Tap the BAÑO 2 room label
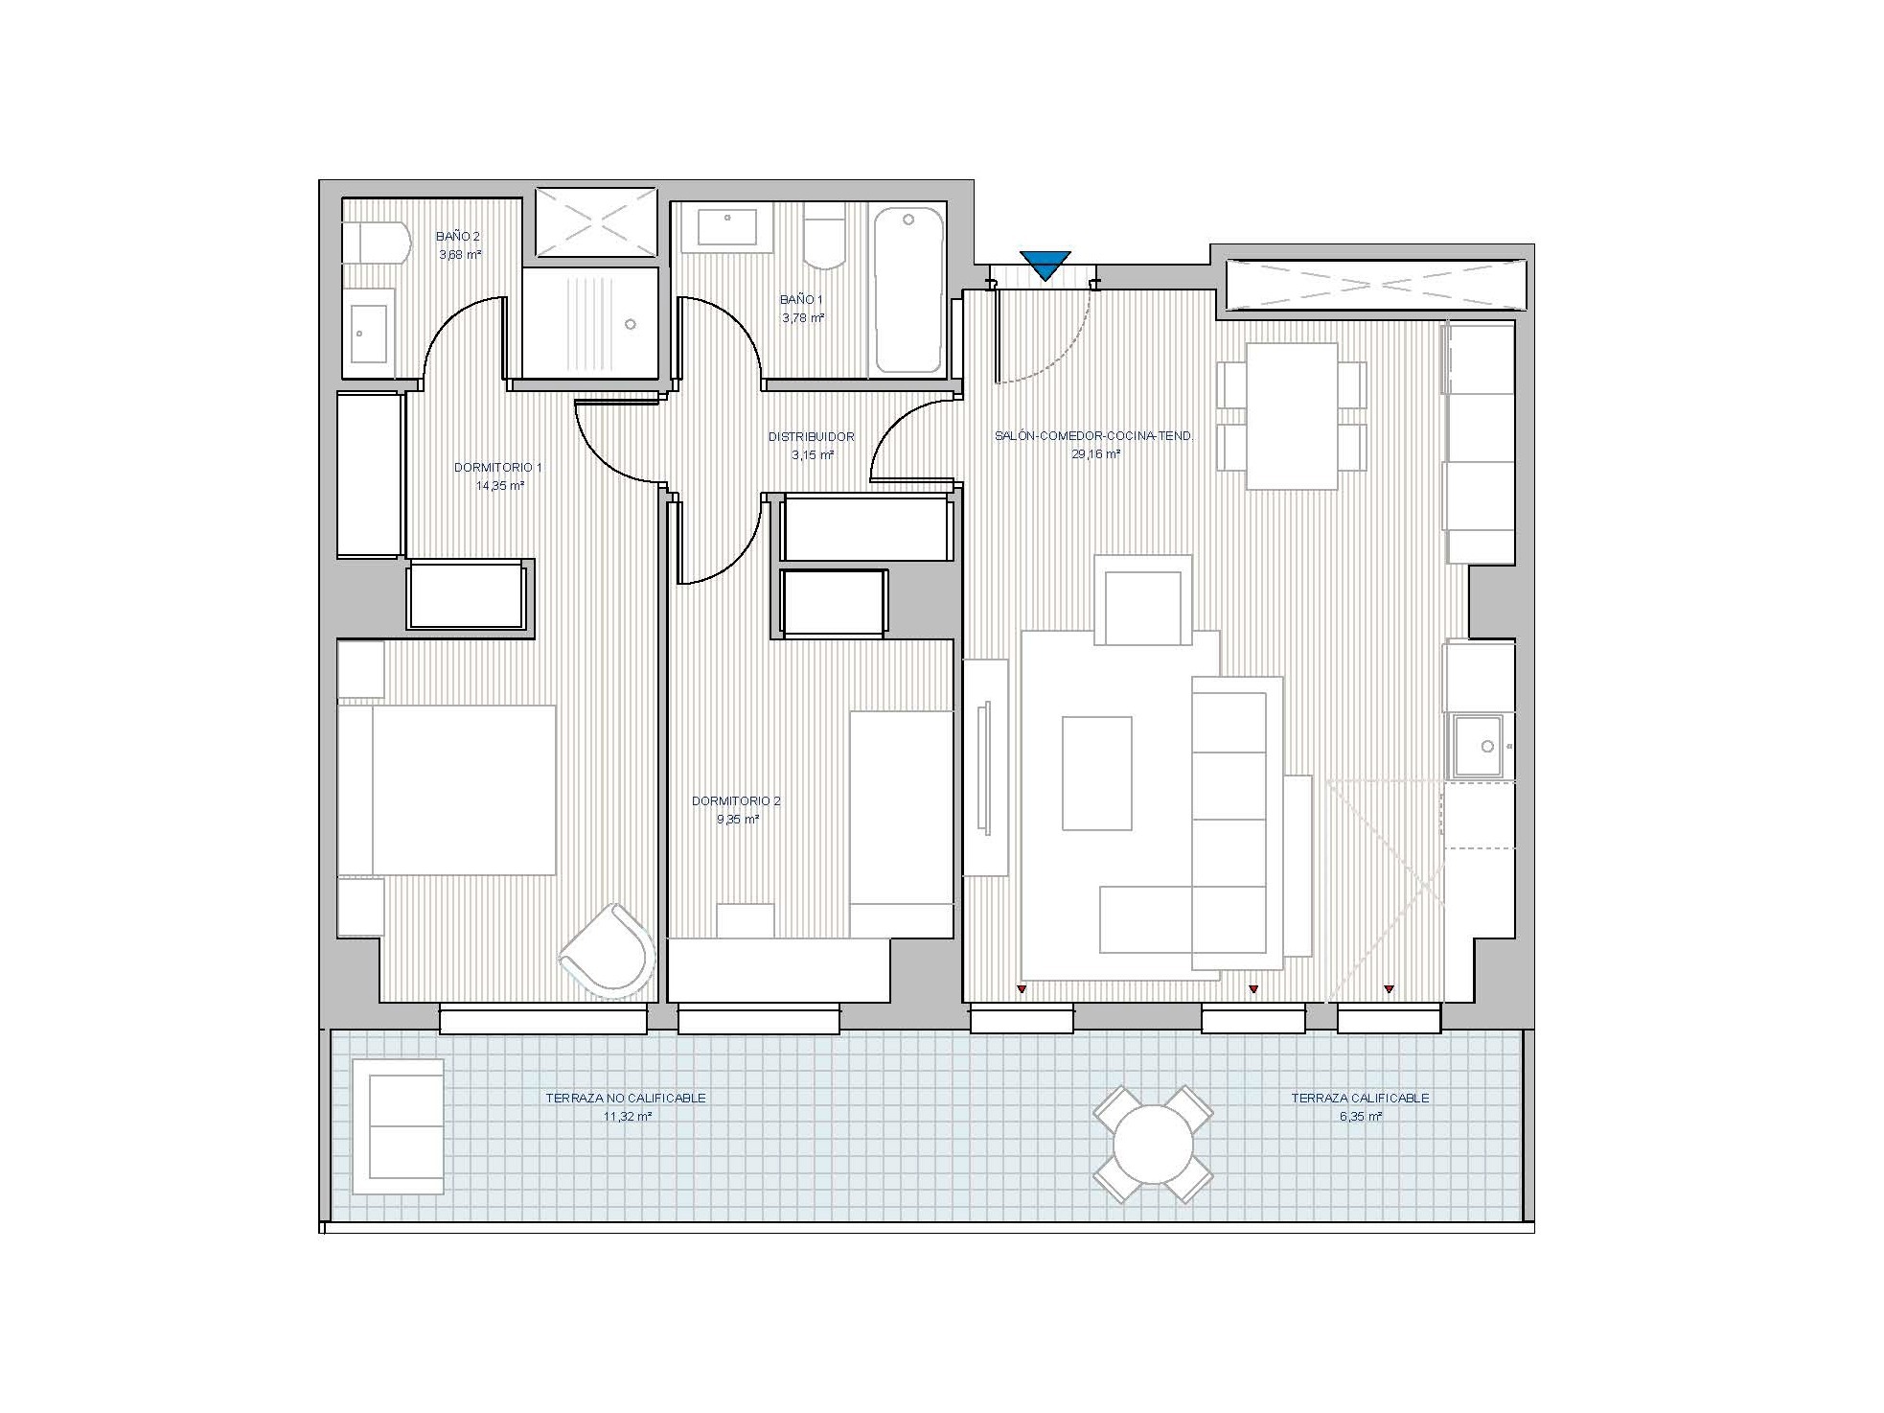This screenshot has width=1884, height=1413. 458,236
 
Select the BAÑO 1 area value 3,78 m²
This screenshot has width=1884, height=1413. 803,318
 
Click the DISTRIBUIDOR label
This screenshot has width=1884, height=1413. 812,437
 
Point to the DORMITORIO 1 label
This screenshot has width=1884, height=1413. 498,468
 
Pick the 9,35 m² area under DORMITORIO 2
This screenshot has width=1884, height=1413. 738,820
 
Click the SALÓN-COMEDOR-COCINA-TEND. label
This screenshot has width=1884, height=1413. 1094,436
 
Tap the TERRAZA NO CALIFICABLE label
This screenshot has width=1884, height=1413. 626,1099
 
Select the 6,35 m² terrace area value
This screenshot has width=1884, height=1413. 1361,1117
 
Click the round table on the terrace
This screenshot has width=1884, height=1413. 1153,1144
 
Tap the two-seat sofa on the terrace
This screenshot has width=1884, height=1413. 398,1126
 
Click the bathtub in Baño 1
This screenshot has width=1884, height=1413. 908,290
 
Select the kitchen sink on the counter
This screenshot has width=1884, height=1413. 1480,746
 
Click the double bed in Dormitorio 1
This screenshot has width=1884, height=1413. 448,790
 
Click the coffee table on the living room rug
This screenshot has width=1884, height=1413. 1096,773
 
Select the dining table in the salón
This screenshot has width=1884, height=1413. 1292,416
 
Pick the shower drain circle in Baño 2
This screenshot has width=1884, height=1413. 630,325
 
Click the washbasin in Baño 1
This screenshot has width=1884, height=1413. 727,228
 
